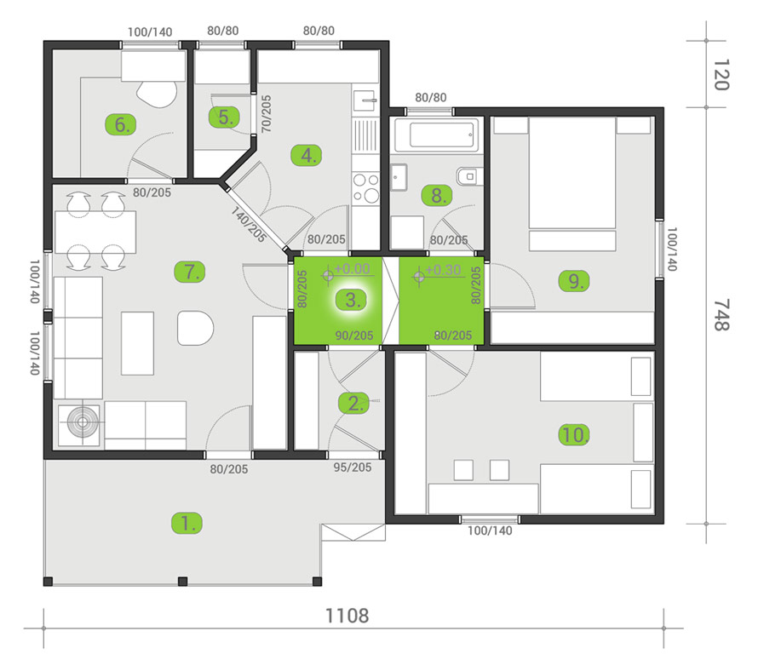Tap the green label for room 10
tap(575, 434)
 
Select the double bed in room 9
tap(572, 183)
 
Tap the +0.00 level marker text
tap(352, 269)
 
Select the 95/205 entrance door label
tap(352, 467)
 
